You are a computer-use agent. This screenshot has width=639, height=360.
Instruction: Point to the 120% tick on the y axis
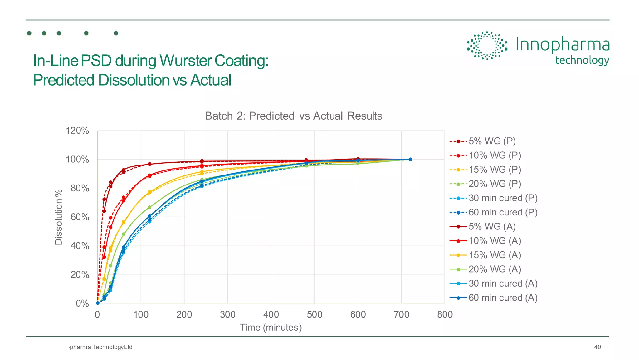click(x=77, y=131)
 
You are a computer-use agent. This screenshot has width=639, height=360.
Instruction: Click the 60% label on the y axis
click(x=80, y=217)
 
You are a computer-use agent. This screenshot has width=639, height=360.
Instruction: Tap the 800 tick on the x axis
click(x=445, y=314)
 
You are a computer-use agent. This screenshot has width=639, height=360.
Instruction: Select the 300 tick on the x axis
click(x=227, y=314)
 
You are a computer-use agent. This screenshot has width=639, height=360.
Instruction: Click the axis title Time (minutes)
click(x=271, y=328)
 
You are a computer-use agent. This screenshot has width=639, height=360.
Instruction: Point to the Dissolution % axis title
click(x=59, y=217)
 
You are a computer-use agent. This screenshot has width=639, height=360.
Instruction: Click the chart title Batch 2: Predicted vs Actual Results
click(x=293, y=116)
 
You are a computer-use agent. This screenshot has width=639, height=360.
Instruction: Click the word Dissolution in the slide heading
click(x=133, y=80)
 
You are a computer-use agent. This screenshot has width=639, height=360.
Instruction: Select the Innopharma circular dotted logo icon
click(x=487, y=46)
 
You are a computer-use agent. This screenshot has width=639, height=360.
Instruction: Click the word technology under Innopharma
click(x=582, y=60)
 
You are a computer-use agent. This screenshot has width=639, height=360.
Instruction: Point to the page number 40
click(x=597, y=347)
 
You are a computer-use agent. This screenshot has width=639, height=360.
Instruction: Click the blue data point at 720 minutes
click(x=410, y=159)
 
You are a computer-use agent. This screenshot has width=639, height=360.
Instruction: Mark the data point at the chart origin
click(x=98, y=303)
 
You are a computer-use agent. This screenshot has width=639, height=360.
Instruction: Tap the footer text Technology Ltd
click(x=112, y=347)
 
